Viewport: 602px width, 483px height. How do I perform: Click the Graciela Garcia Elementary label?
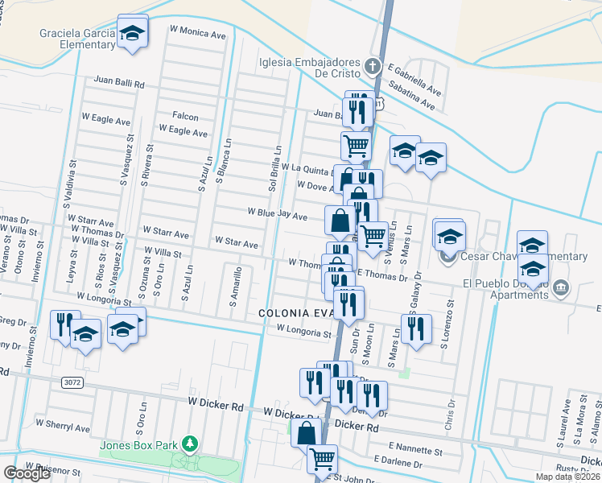click(x=77, y=39)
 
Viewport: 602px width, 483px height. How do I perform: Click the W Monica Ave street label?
click(x=198, y=35)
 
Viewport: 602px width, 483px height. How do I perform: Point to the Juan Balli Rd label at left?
click(x=118, y=83)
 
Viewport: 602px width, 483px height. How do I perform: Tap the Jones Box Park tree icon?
click(x=189, y=444)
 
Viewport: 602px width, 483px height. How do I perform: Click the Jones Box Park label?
click(x=138, y=444)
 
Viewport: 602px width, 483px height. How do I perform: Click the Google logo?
click(x=27, y=473)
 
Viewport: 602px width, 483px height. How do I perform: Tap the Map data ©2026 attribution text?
click(x=563, y=477)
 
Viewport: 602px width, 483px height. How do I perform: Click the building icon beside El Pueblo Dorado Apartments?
click(x=560, y=287)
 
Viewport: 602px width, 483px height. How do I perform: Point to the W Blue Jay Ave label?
click(x=277, y=216)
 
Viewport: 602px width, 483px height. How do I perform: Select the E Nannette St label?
click(x=416, y=445)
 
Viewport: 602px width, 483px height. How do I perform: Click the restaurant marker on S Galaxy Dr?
click(x=415, y=328)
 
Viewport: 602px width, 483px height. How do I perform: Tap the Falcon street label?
click(x=185, y=117)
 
